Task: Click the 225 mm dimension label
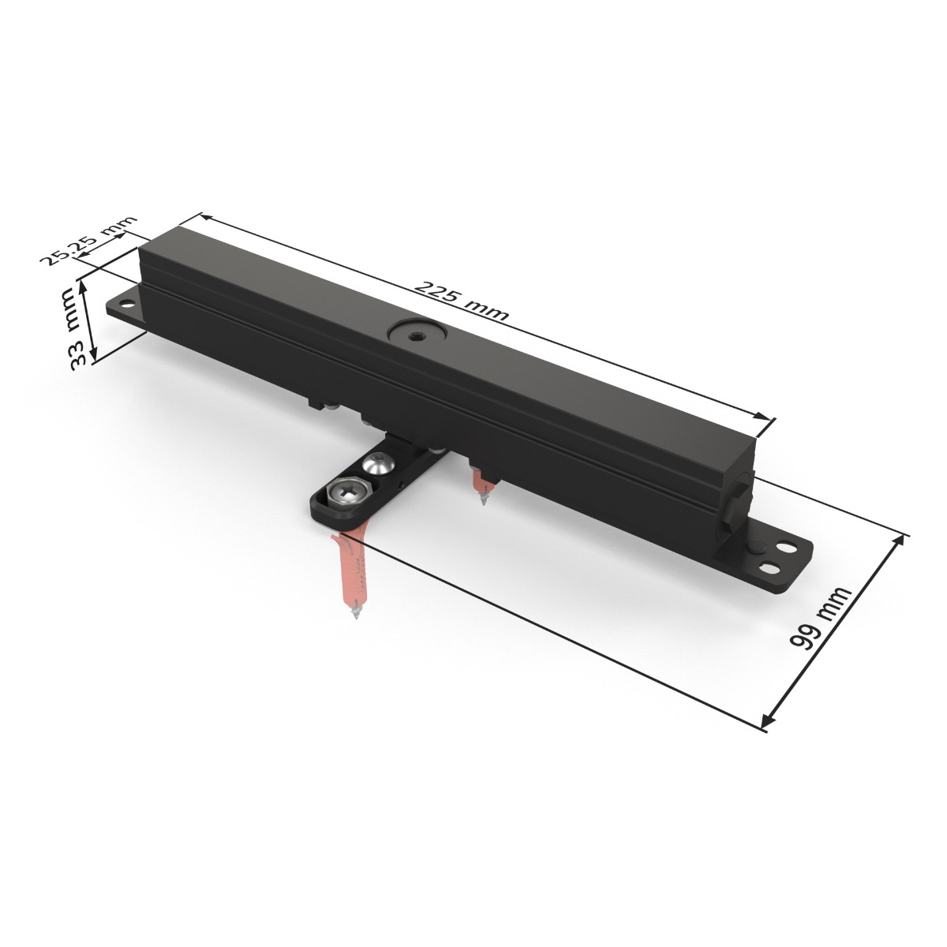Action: click(x=462, y=301)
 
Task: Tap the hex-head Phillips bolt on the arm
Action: click(x=346, y=495)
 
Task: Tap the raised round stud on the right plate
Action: click(x=755, y=546)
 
